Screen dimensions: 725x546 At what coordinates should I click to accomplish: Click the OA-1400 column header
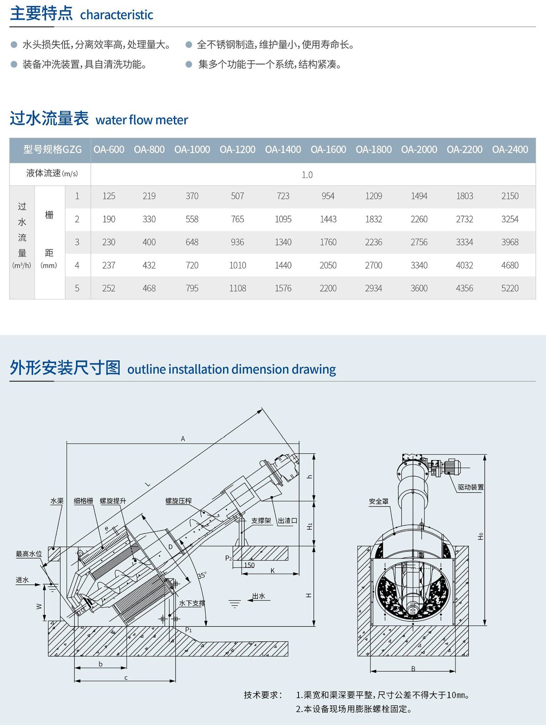283,150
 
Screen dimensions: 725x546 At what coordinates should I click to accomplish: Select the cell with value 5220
510,288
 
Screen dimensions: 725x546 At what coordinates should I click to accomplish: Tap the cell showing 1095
283,219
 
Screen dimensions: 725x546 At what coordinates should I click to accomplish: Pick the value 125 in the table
109,196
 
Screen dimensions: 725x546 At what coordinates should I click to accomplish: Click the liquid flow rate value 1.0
307,175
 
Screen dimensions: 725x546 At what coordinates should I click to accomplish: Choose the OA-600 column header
109,150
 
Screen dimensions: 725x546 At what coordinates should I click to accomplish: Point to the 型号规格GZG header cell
53,150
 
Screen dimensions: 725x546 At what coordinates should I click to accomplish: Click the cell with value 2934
374,288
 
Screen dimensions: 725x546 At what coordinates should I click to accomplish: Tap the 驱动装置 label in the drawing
470,487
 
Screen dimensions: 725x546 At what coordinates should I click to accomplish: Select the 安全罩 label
379,502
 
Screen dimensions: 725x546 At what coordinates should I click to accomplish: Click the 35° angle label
202,575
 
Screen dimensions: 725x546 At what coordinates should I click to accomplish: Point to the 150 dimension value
249,565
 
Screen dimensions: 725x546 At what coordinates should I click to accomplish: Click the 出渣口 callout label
288,521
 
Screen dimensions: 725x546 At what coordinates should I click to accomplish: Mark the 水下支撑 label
192,603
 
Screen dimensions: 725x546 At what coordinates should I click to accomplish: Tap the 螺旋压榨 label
178,501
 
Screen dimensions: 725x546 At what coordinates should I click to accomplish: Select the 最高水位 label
29,554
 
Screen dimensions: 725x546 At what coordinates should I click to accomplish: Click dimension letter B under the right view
413,669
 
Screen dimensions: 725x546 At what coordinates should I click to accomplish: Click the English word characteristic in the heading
116,15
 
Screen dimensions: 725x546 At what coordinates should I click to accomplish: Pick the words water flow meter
142,120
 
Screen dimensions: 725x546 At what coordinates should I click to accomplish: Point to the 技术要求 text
263,695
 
